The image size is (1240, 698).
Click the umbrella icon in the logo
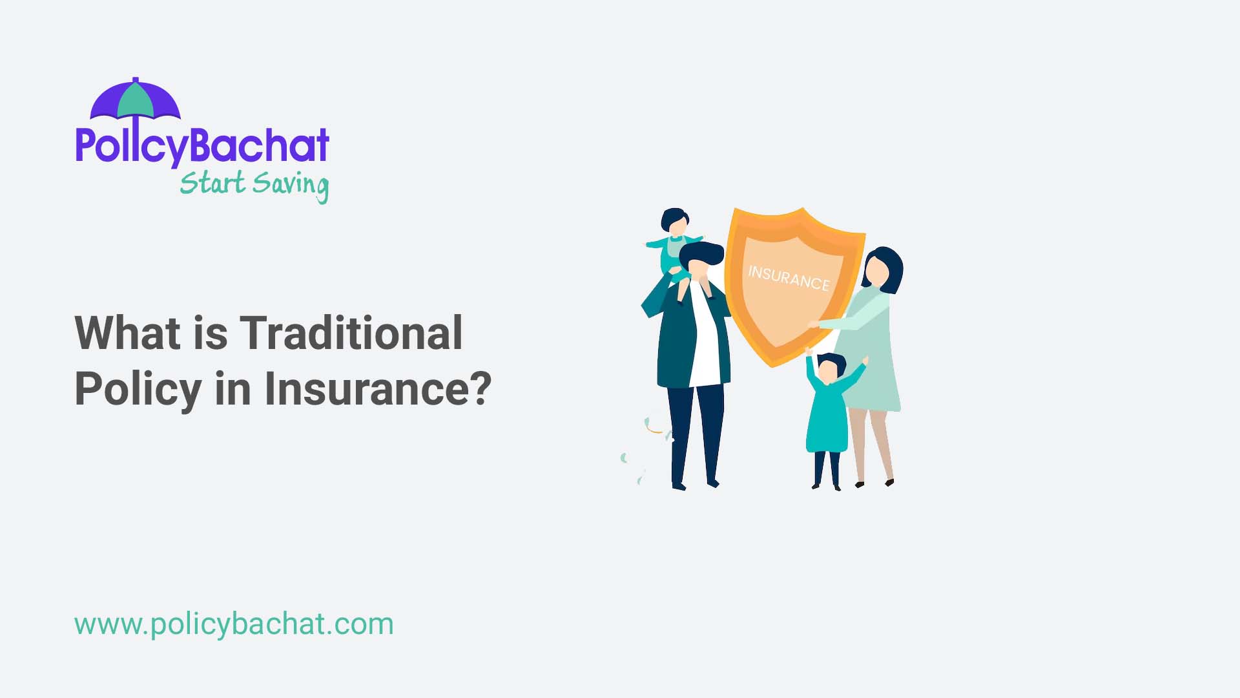point(135,100)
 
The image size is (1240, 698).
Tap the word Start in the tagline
point(212,183)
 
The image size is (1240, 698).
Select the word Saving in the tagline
point(291,185)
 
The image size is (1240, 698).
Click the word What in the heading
point(127,333)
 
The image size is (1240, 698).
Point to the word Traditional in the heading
point(351,333)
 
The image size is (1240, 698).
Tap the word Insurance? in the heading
point(378,389)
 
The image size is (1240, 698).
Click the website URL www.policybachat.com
point(234,624)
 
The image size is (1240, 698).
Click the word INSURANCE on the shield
point(789,278)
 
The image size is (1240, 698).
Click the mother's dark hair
point(888,265)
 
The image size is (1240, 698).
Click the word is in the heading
point(211,333)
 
